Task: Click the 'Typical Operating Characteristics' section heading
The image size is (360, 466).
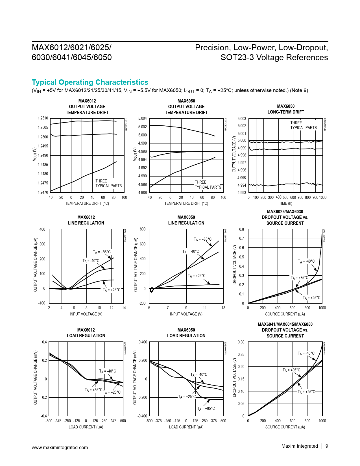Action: [90, 82]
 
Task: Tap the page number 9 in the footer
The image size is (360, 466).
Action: [327, 446]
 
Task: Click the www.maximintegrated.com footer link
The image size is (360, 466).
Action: [60, 447]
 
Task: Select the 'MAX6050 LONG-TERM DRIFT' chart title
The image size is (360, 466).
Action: [285, 109]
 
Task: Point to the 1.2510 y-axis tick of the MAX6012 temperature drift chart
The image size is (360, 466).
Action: [43, 118]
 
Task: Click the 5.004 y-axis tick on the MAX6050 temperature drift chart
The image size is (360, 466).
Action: [142, 118]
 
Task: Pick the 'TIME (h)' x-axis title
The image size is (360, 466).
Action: [285, 203]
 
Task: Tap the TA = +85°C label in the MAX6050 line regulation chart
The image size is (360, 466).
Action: [202, 239]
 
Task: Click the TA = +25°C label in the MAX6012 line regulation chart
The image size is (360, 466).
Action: [112, 290]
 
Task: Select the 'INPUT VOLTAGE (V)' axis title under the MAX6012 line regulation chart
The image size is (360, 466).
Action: [86, 314]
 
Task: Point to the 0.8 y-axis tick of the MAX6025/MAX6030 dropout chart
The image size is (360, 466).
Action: [241, 229]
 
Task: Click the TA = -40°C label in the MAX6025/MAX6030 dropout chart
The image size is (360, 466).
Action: [306, 261]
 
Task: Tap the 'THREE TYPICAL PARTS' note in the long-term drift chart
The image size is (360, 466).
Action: [303, 125]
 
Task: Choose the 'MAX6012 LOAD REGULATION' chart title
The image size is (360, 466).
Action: [86, 333]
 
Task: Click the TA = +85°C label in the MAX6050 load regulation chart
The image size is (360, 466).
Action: [206, 408]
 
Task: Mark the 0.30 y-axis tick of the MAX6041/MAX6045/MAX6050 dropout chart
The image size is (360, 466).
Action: [241, 342]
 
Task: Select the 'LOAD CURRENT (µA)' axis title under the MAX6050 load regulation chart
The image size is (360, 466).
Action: [186, 427]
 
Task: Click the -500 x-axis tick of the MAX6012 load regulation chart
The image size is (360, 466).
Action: [49, 421]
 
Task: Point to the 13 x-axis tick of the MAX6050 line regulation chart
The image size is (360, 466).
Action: [223, 308]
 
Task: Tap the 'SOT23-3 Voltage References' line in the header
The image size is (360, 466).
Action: [274, 57]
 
